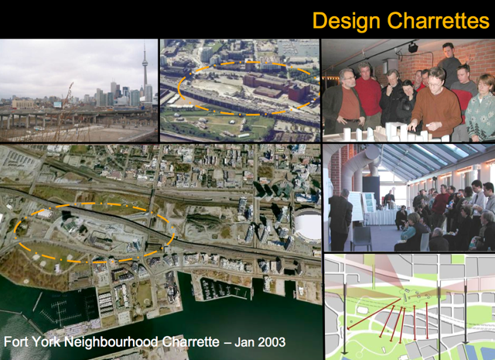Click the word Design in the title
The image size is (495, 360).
[x=346, y=21]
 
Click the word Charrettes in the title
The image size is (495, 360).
[x=439, y=20]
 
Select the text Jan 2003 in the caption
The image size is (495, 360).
[x=260, y=342]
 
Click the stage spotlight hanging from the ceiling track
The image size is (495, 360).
[x=412, y=48]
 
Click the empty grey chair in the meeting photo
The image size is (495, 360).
[x=361, y=238]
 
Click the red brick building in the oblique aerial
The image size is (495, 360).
[x=275, y=84]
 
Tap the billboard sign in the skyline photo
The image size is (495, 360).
[x=57, y=105]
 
